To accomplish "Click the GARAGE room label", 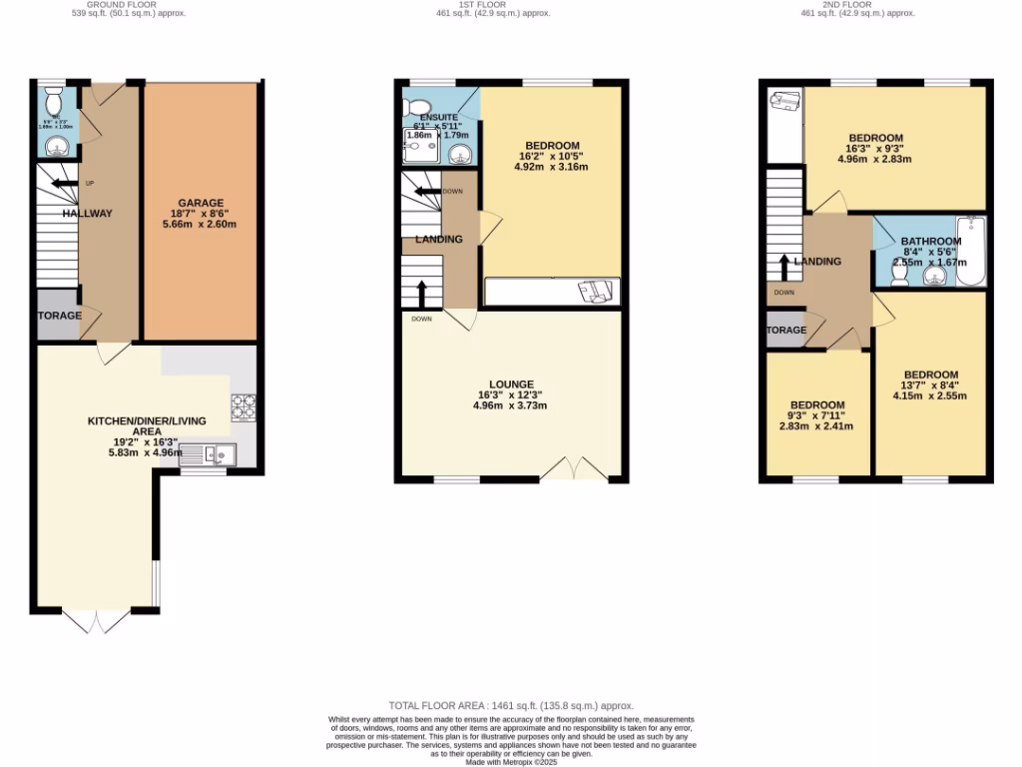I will [x=202, y=203].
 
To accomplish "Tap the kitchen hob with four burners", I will [x=244, y=405].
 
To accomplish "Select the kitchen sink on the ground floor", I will [x=219, y=455].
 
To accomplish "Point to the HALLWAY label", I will [x=87, y=214].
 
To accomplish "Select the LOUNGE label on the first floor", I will [x=511, y=384].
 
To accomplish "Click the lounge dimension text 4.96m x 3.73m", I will [x=511, y=406].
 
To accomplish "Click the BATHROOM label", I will [x=930, y=242].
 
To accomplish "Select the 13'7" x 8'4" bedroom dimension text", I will [x=930, y=385].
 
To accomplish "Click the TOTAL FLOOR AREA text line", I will [x=511, y=706].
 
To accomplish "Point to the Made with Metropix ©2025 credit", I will [x=511, y=761].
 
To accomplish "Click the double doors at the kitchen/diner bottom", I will [x=97, y=621].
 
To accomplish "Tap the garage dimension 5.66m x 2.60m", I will [x=202, y=225].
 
